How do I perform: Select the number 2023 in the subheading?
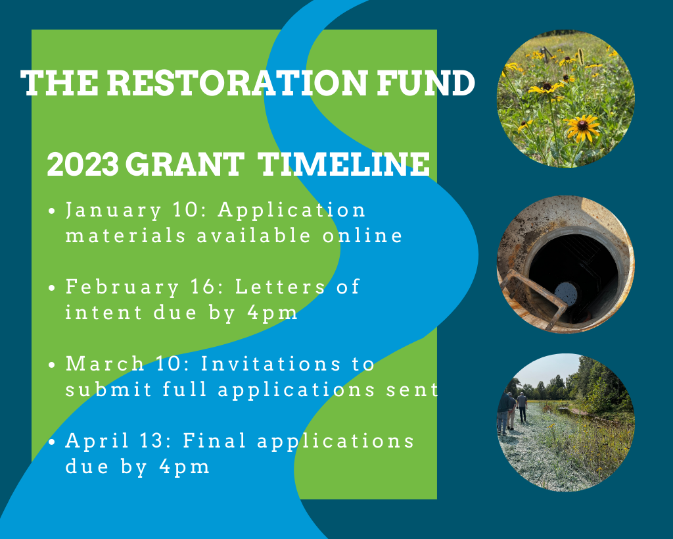tap(82, 164)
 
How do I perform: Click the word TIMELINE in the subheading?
tap(343, 164)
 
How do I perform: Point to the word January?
tap(114, 211)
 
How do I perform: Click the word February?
tap(122, 288)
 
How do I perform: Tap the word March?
tap(104, 364)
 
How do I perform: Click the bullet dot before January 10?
tap(52, 211)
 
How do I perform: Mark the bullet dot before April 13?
tap(52, 442)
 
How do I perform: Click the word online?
tap(362, 236)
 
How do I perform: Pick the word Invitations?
tap(271, 364)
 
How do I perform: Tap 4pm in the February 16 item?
tap(272, 313)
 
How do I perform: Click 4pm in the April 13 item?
tap(184, 467)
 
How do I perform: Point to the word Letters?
tap(280, 287)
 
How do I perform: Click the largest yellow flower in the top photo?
tap(582, 127)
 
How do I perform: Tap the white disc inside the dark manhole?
tap(566, 293)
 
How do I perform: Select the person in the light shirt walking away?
tap(522, 407)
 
